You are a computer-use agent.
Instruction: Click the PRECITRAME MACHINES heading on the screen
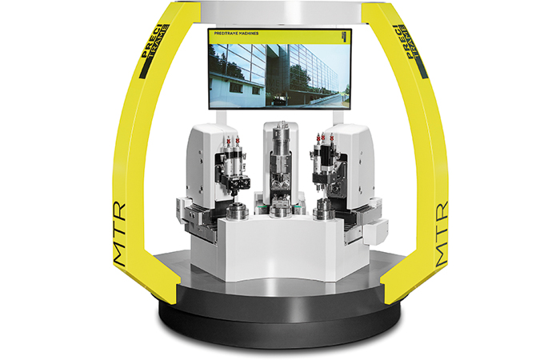240,35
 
